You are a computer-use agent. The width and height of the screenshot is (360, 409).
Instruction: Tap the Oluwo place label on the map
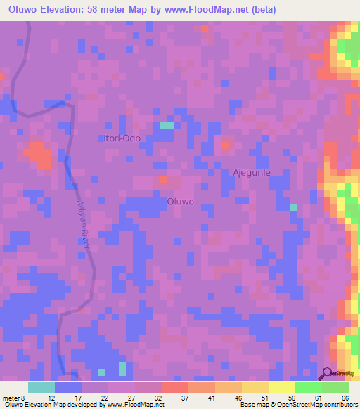coord(180,202)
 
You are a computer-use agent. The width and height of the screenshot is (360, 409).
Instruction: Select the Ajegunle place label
coord(251,172)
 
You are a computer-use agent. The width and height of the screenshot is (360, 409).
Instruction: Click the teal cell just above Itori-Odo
coord(167,125)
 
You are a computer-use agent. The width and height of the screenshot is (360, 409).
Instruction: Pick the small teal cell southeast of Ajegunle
coord(293,207)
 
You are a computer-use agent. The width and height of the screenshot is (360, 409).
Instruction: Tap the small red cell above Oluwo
coord(163,180)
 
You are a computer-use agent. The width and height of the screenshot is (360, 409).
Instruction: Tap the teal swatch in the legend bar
coord(41,387)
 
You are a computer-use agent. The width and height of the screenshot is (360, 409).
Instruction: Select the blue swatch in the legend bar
coord(68,387)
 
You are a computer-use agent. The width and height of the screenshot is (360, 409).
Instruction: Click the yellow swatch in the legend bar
coord(282,387)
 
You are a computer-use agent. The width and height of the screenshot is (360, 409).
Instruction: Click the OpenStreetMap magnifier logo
coord(328,374)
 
